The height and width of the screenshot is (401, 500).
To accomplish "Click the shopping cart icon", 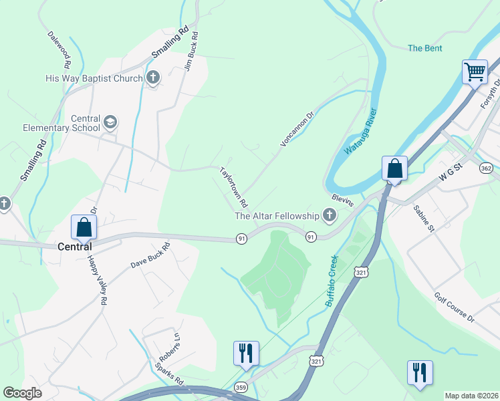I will (475, 72).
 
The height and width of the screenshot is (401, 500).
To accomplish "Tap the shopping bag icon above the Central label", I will (84, 227).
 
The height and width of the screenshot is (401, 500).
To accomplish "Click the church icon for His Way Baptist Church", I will (153, 78).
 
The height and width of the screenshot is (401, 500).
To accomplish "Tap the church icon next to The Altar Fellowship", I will (329, 215).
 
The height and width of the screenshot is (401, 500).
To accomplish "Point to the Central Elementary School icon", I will (110, 122).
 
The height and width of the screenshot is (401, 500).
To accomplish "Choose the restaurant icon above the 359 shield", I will (245, 352).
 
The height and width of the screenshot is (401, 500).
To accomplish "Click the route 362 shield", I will (487, 168).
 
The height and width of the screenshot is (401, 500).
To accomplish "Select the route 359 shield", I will (241, 387).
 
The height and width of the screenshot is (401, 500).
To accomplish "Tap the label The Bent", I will (425, 48).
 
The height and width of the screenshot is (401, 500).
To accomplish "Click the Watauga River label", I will (361, 132).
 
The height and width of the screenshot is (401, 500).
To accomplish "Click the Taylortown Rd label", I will (234, 186).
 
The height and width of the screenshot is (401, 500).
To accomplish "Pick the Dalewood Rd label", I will (59, 50).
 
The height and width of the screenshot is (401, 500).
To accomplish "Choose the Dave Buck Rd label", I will (150, 256).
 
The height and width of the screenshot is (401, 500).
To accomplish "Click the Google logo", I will (22, 393).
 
